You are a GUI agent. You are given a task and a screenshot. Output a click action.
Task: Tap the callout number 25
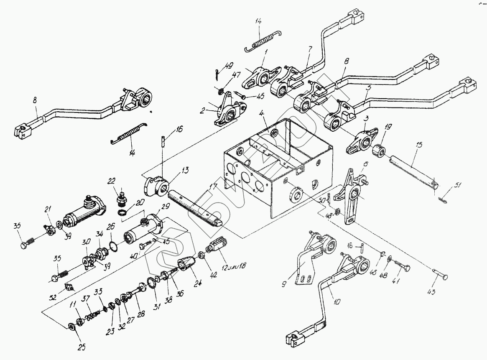81,347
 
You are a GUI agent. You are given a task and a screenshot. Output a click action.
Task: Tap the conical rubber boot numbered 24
187,265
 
